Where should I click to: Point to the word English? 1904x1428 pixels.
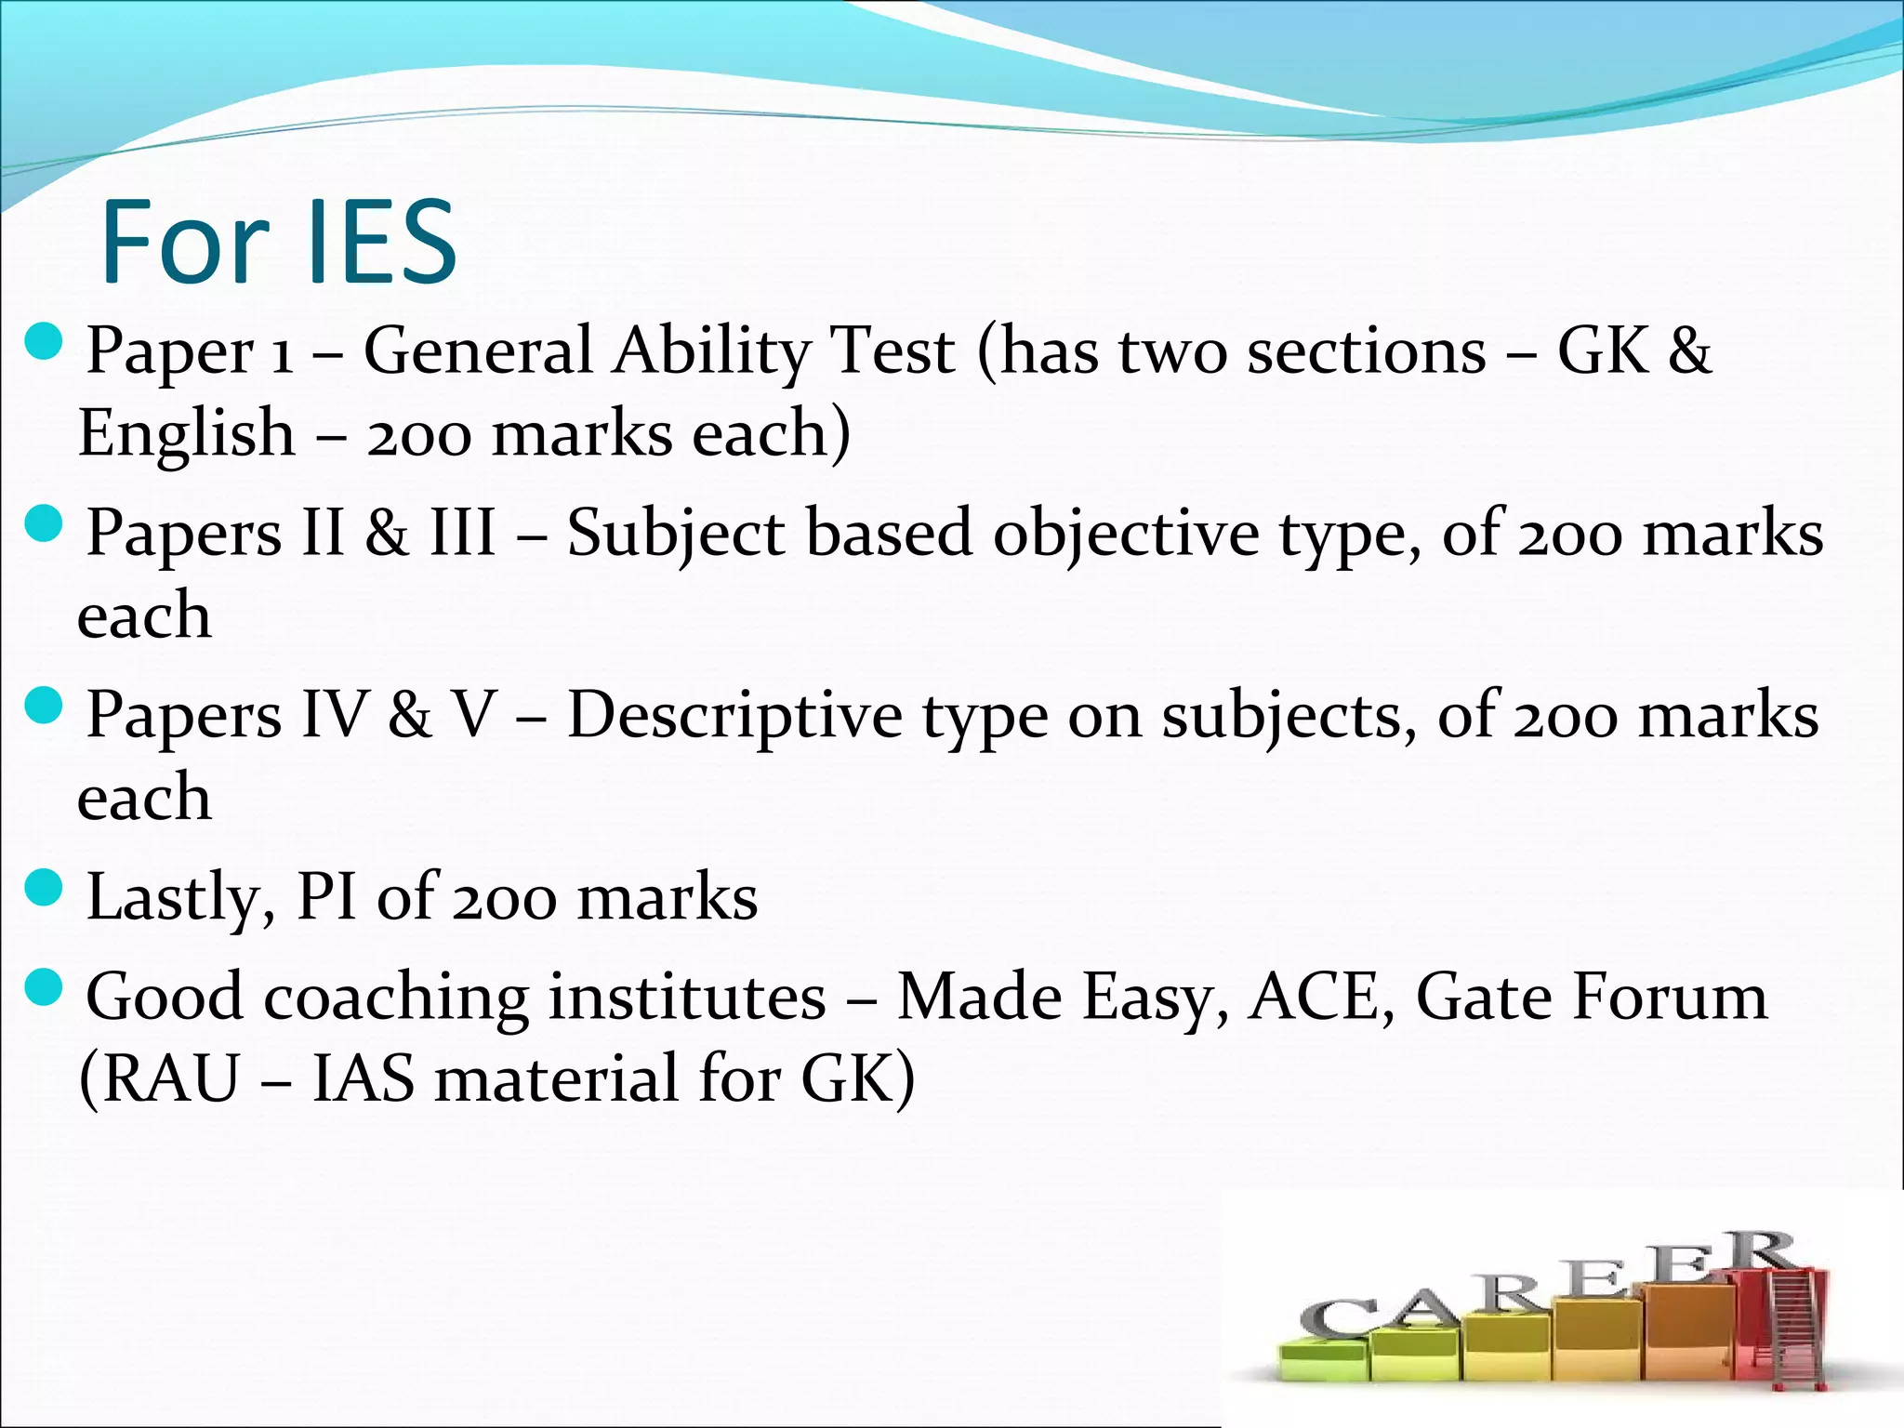pyautogui.click(x=186, y=434)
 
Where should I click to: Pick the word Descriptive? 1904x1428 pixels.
pyautogui.click(x=734, y=717)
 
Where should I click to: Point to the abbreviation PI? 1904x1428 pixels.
pyautogui.click(x=326, y=898)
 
